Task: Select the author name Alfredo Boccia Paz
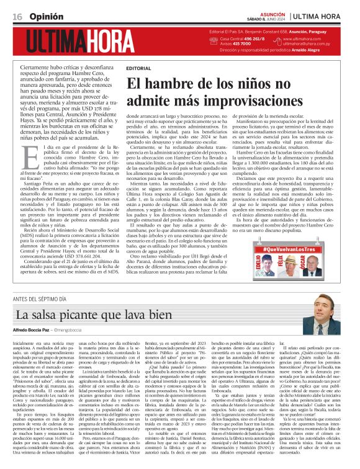click(x=37, y=332)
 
